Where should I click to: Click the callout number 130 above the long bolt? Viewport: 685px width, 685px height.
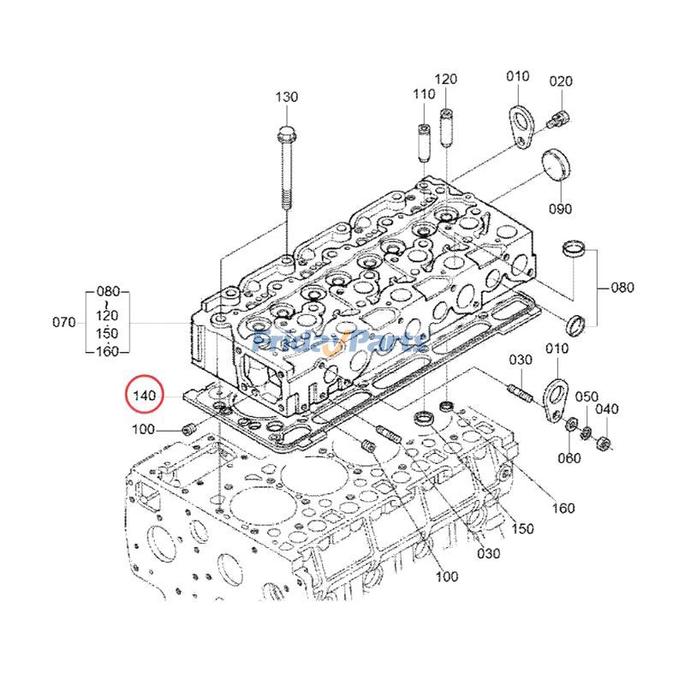pos(286,97)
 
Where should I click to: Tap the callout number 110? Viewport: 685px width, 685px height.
pos(424,93)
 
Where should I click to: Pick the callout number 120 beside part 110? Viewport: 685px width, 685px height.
pos(446,80)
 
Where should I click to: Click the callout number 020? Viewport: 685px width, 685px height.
pos(560,81)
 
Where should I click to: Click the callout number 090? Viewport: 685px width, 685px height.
pos(560,208)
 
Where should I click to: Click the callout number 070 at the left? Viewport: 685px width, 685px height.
pos(65,323)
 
